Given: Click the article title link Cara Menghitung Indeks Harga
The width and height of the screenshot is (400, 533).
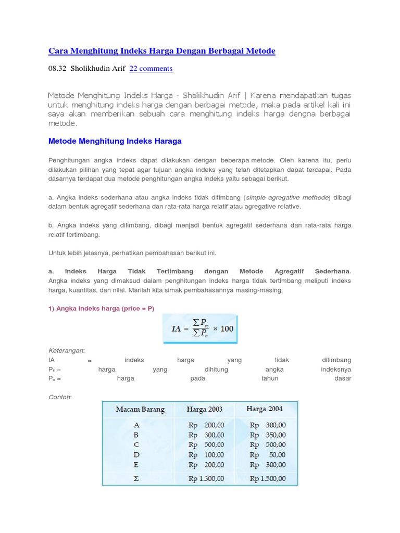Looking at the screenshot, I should point(161,50).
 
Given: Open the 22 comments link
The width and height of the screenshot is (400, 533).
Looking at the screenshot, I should point(151,68).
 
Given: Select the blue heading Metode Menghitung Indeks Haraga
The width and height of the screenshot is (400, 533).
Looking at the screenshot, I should point(115,141).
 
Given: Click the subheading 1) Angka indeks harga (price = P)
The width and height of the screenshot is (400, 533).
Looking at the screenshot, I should point(101,309).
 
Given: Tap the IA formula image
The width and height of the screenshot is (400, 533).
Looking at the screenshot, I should point(200,329).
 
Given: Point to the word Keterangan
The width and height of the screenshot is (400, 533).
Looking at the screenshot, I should point(66,350).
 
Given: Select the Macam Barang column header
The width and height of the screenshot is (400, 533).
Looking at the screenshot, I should point(140,409).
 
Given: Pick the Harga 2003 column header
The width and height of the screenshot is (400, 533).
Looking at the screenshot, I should point(204,409).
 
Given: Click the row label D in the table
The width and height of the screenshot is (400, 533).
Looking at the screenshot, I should point(136,454).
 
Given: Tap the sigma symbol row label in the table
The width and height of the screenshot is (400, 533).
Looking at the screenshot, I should point(136,478).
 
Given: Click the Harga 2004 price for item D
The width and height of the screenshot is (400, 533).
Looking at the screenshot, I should point(267,454).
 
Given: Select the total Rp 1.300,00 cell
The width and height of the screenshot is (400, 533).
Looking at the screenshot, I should point(206,478).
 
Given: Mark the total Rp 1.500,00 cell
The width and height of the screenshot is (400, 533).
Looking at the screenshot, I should point(268,478).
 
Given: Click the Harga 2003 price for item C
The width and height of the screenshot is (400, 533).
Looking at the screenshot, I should point(206,445).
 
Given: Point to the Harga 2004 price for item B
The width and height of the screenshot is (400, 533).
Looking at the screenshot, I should point(267,435).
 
